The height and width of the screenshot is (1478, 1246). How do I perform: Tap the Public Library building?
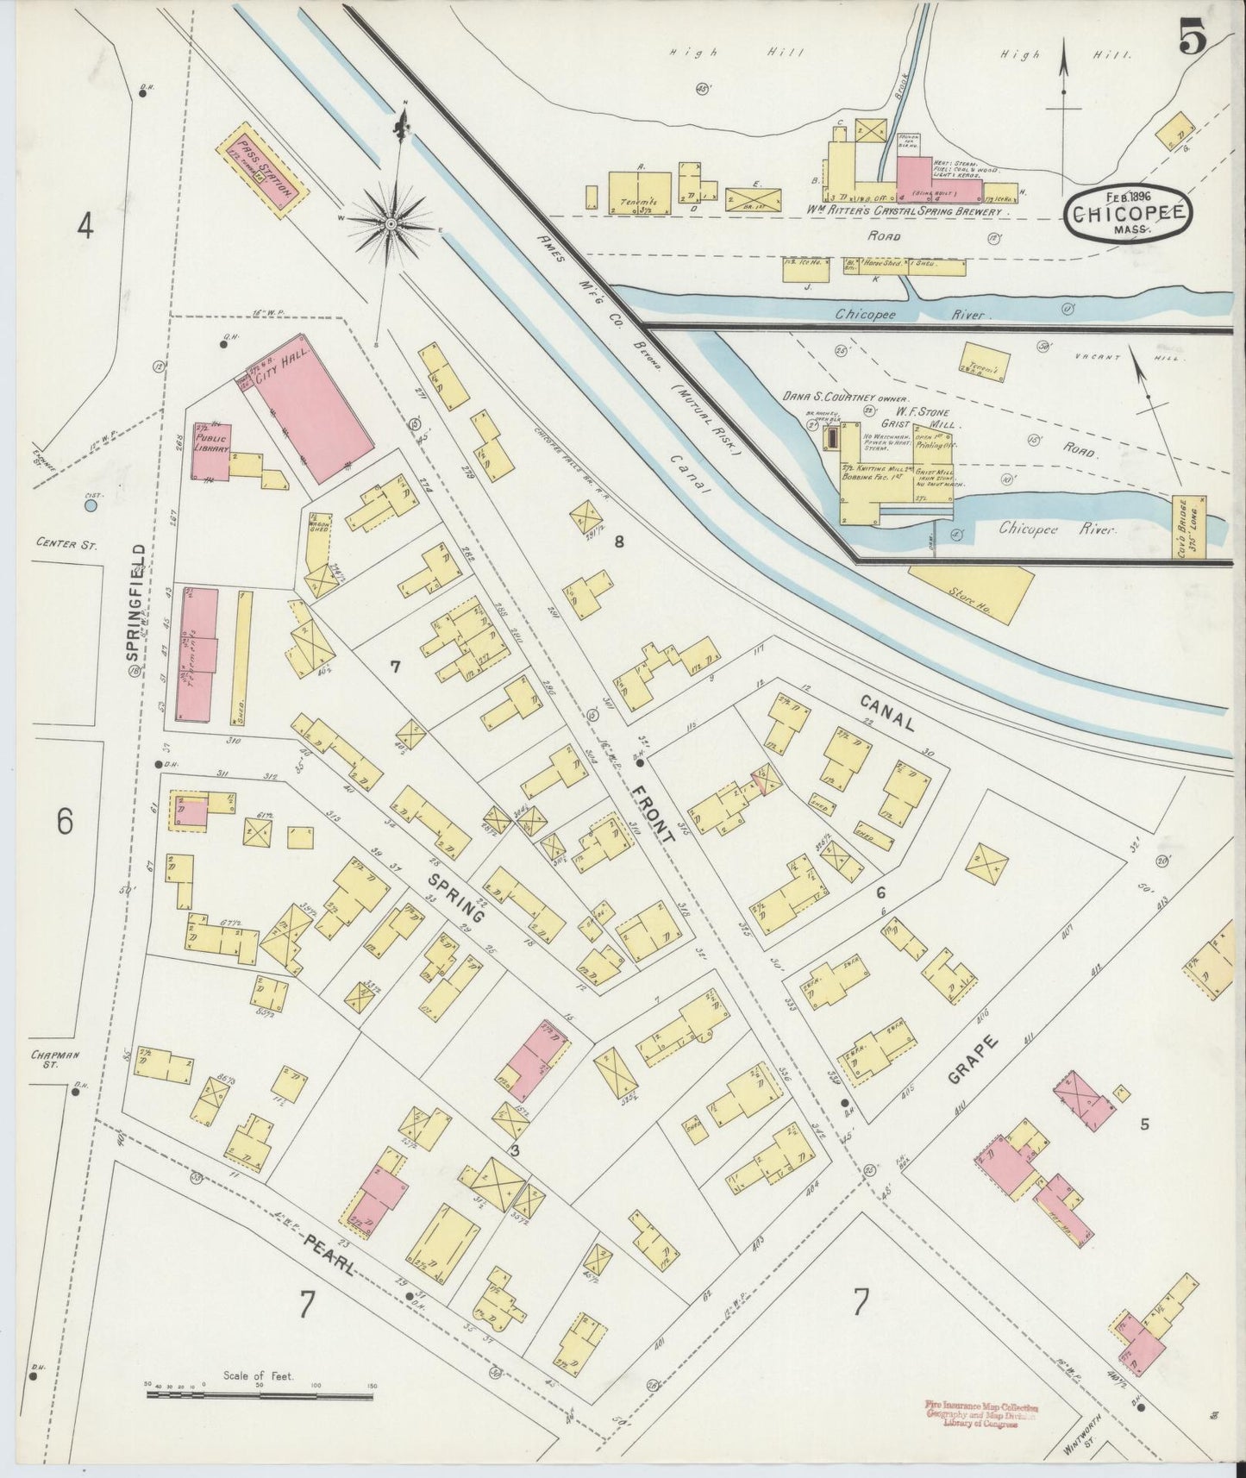(x=210, y=450)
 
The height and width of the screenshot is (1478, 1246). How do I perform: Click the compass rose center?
(x=391, y=223)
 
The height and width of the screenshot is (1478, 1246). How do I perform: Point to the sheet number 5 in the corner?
(x=1192, y=41)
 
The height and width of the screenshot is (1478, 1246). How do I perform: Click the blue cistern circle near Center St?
(x=91, y=507)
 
